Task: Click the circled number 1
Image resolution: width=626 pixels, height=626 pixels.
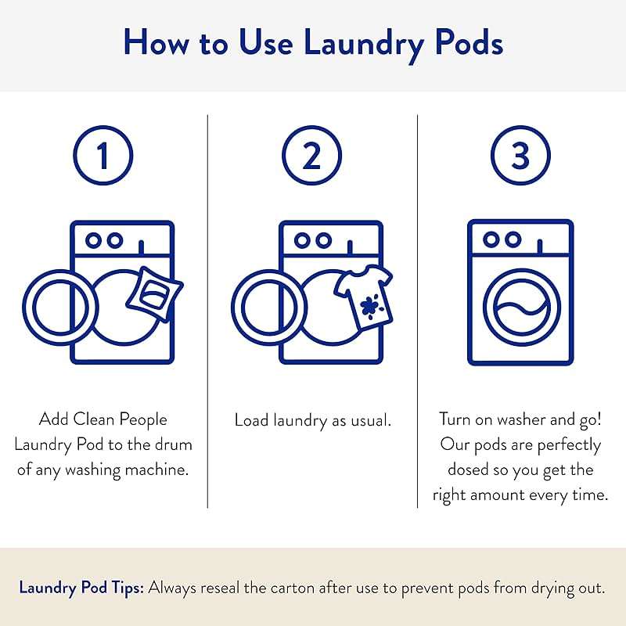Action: click(103, 155)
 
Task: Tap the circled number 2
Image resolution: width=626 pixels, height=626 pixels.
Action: click(311, 155)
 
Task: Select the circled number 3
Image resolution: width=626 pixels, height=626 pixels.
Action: click(520, 155)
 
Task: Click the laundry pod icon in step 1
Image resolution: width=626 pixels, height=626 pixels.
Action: click(154, 293)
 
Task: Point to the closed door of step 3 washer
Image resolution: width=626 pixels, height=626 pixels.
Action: click(485, 308)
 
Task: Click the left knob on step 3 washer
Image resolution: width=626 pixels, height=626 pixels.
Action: click(491, 239)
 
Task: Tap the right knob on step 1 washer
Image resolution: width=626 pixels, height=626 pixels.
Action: click(115, 241)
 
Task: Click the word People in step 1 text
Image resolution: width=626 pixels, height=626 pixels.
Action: click(143, 420)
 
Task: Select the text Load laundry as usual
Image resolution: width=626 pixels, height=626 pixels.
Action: click(312, 421)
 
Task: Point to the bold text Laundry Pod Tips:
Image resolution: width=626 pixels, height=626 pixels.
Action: click(81, 588)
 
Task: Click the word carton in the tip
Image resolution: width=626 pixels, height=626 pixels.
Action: click(292, 588)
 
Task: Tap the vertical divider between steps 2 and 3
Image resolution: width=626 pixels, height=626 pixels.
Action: click(418, 311)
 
